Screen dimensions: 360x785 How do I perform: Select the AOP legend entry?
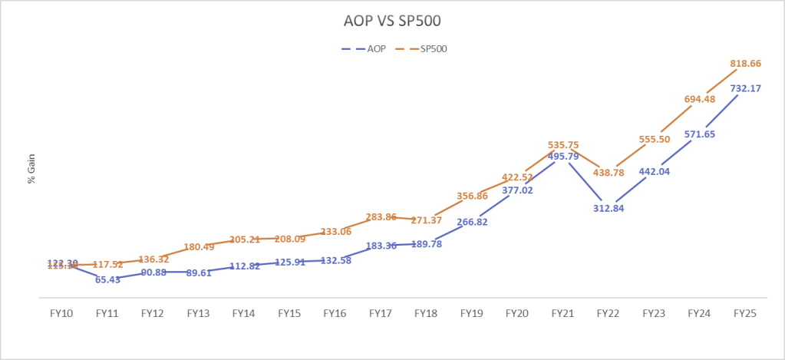pos(371,48)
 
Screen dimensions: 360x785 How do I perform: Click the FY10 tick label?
pos(61,313)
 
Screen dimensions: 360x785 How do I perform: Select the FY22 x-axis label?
pos(608,313)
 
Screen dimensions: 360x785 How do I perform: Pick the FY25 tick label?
pos(744,313)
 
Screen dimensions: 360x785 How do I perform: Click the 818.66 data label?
pos(744,64)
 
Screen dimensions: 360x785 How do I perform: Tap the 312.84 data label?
pos(609,207)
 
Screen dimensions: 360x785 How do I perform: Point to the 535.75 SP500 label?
pos(562,144)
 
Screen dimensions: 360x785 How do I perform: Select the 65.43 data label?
pos(107,280)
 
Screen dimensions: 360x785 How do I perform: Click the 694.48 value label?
pos(699,99)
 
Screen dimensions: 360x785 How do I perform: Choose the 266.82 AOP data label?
pos(471,222)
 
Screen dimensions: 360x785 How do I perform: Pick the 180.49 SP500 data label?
pos(198,247)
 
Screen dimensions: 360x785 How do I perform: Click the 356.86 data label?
pos(471,196)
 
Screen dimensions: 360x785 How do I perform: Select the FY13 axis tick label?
pos(198,313)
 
